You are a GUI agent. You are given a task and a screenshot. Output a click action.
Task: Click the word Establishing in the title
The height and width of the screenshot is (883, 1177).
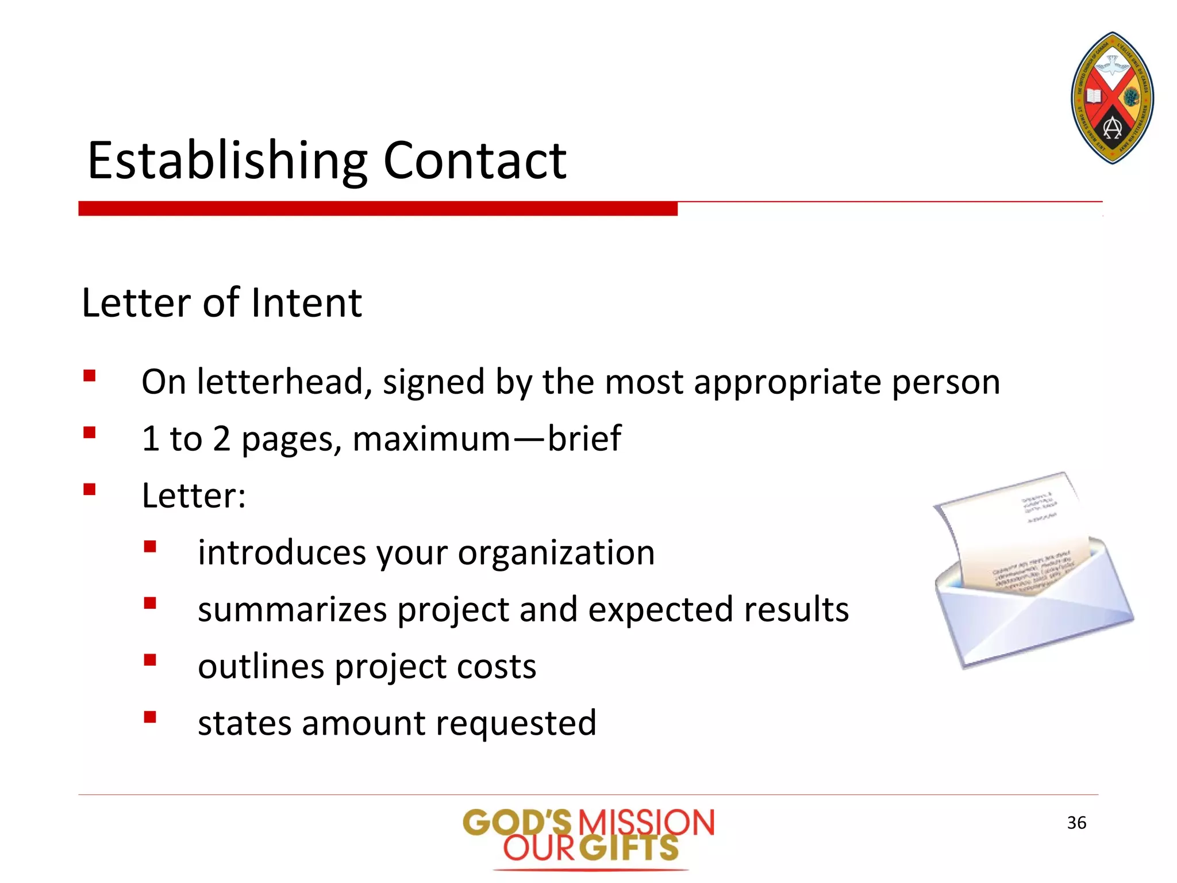(228, 161)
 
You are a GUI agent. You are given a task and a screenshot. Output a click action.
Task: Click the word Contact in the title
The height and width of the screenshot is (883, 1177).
(475, 161)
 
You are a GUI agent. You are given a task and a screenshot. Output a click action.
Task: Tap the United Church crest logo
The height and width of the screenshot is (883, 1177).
(1112, 98)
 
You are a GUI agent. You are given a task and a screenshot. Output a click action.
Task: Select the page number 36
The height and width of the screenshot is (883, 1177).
(1076, 823)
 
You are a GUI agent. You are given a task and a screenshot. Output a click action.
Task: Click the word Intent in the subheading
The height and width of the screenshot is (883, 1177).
(306, 303)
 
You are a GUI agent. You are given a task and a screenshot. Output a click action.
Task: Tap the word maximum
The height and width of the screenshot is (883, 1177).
(431, 439)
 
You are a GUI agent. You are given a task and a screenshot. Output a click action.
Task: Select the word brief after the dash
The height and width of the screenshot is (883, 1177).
(584, 438)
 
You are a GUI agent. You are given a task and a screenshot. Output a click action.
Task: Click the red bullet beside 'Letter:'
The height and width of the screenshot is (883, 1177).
(89, 489)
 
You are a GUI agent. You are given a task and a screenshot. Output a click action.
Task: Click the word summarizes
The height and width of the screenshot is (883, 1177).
(292, 610)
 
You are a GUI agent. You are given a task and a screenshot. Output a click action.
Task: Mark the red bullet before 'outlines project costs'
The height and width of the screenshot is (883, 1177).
(150, 659)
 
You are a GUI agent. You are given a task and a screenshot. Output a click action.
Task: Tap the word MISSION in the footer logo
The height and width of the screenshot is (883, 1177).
(646, 822)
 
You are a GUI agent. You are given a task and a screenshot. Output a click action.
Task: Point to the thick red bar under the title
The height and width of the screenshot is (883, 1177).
(378, 208)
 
